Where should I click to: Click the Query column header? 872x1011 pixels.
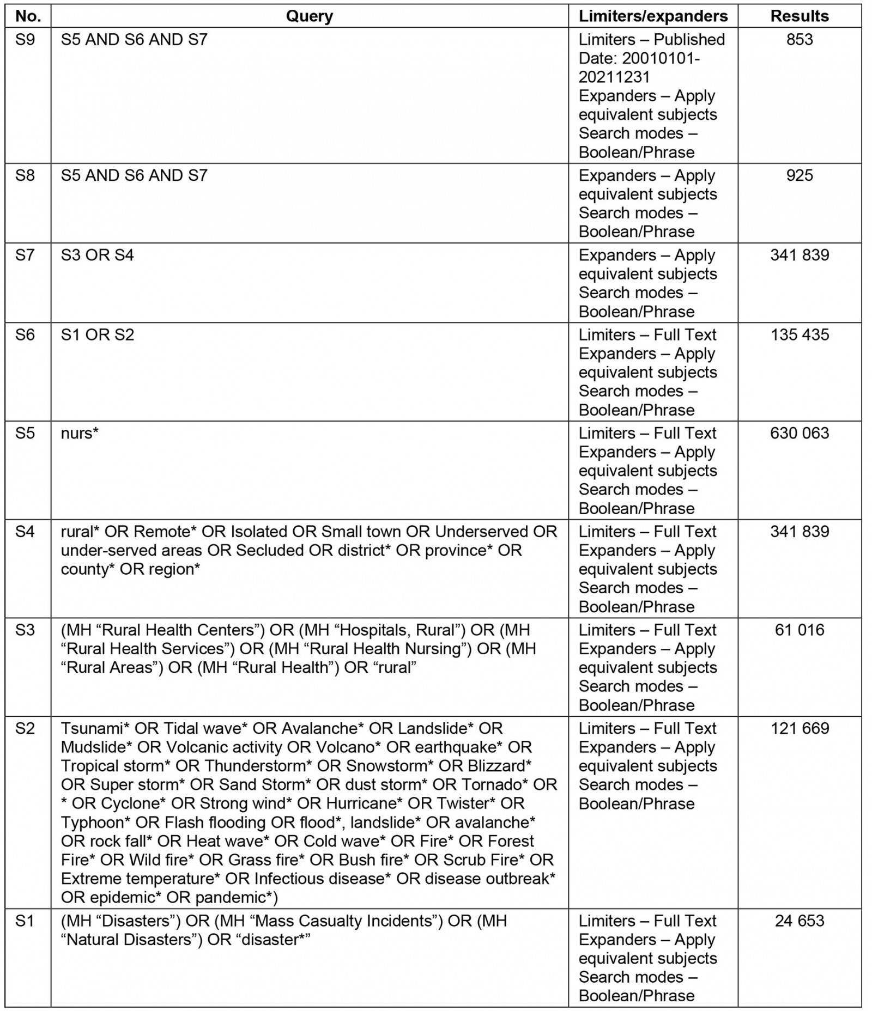click(x=309, y=16)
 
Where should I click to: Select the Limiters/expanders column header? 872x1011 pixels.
click(x=653, y=16)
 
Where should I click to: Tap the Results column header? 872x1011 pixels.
click(x=799, y=16)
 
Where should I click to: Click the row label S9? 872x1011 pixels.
click(x=25, y=40)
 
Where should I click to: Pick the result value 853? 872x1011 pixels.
click(x=799, y=40)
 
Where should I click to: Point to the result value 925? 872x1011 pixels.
click(x=799, y=175)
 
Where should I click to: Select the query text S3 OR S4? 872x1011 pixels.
click(x=97, y=255)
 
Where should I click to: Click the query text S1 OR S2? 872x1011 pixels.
click(x=97, y=334)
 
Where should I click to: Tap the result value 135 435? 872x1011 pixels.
click(x=799, y=334)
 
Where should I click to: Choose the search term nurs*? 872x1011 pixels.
click(x=80, y=433)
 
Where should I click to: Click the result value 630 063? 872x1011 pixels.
click(x=799, y=433)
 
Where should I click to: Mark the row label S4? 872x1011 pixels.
click(x=25, y=532)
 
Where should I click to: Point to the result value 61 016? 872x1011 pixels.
click(x=799, y=630)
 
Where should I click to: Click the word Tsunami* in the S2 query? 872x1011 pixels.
click(x=95, y=729)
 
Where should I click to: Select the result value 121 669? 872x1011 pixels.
click(x=799, y=729)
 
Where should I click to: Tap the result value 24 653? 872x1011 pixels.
click(x=799, y=921)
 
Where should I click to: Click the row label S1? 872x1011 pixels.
click(x=25, y=921)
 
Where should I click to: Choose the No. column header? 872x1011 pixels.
click(x=28, y=16)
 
